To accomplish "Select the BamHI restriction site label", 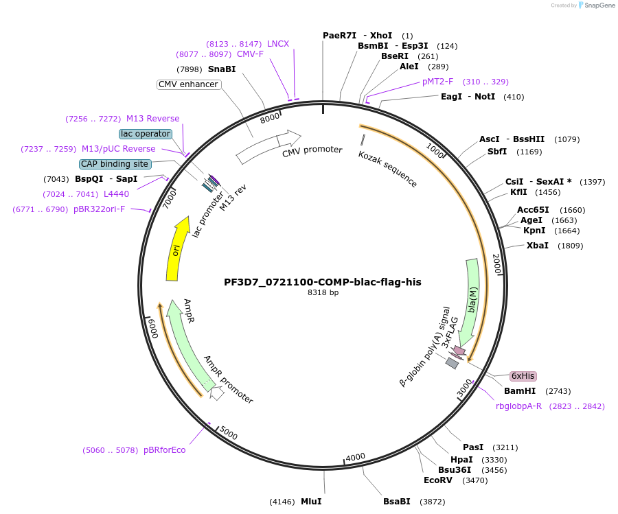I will (519, 390).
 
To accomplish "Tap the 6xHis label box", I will (523, 376).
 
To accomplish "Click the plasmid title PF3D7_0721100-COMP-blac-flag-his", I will (323, 281).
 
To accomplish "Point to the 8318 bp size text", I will (323, 292).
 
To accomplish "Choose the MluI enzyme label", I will (311, 501).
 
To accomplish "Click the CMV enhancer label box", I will (188, 84).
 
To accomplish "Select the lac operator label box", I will (145, 133).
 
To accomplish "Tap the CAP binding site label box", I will (115, 164).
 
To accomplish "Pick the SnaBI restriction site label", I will (222, 69).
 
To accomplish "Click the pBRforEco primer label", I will (164, 450).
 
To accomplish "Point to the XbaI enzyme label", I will (538, 245).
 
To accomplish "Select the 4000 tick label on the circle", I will (356, 458).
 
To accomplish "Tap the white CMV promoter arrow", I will (268, 147).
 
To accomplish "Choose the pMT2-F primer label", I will (438, 81).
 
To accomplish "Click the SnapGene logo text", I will (599, 5).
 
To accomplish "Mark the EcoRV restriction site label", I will (438, 480).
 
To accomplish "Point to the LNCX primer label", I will (278, 43).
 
